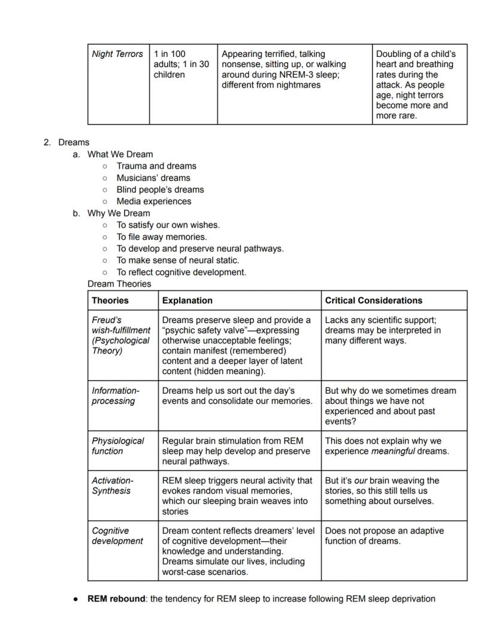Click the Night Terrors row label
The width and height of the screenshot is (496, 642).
(x=117, y=54)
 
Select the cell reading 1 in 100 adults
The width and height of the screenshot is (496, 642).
(x=181, y=64)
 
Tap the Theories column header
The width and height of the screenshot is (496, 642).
(x=110, y=300)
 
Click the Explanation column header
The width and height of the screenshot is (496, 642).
(x=187, y=300)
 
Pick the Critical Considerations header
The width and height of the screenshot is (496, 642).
(x=373, y=300)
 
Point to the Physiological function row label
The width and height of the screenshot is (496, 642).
(x=117, y=445)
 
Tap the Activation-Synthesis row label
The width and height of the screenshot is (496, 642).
(x=113, y=486)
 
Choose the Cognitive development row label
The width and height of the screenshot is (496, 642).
(x=117, y=536)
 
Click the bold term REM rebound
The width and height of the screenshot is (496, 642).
(x=116, y=598)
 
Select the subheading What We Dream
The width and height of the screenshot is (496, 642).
(x=120, y=154)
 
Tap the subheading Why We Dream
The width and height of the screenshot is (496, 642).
(x=119, y=213)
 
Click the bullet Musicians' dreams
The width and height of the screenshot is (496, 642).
(x=153, y=177)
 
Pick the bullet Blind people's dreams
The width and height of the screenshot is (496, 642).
(x=160, y=189)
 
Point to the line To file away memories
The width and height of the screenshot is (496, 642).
(x=162, y=237)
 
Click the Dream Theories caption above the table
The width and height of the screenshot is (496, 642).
(x=119, y=284)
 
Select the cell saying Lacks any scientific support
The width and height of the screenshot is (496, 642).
(x=383, y=330)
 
